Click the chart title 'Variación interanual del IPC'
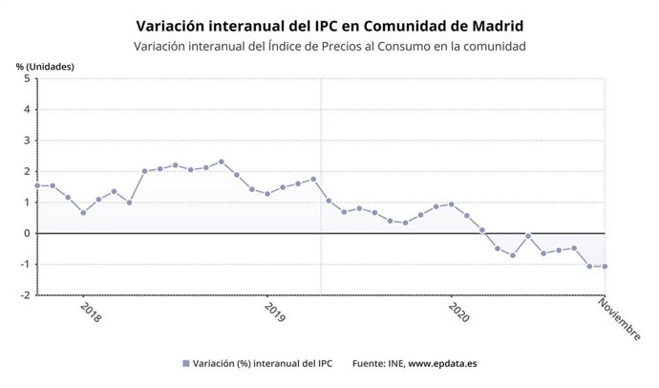pyautogui.click(x=329, y=25)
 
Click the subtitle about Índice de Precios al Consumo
pyautogui.click(x=329, y=46)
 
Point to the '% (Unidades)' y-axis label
pyautogui.click(x=44, y=66)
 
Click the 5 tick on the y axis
pyautogui.click(x=28, y=78)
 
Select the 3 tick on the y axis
pyautogui.click(x=28, y=140)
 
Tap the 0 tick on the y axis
pyautogui.click(x=28, y=233)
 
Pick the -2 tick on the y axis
pyautogui.click(x=25, y=295)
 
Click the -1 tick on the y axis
pyautogui.click(x=25, y=265)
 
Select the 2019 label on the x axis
pyautogui.click(x=275, y=313)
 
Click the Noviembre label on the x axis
pyautogui.click(x=620, y=317)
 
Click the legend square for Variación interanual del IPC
pyautogui.click(x=185, y=364)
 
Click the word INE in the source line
pyautogui.click(x=393, y=364)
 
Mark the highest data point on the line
pyautogui.click(x=222, y=162)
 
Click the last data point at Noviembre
pyautogui.click(x=605, y=267)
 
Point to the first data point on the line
pyautogui.click(x=37, y=185)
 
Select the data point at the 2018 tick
pyautogui.click(x=83, y=212)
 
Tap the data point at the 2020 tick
pyautogui.click(x=452, y=205)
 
